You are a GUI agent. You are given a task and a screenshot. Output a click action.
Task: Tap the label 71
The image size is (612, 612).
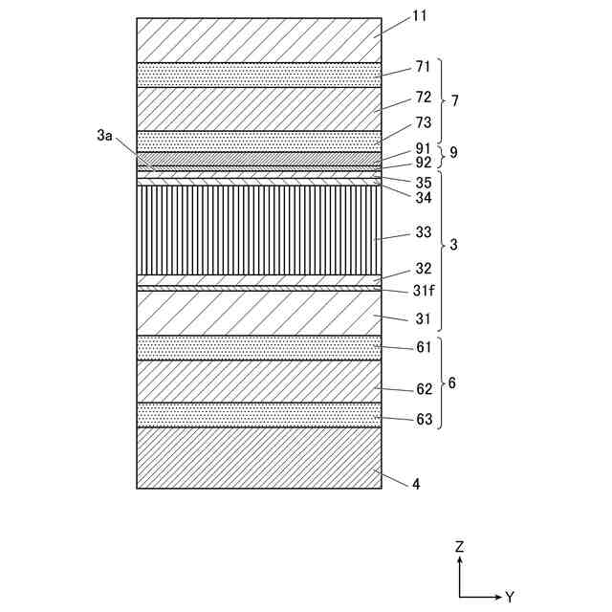tap(423, 68)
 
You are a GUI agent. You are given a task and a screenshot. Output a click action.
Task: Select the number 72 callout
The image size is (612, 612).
tap(423, 97)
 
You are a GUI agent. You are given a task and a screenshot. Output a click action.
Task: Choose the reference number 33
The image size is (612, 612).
tap(423, 232)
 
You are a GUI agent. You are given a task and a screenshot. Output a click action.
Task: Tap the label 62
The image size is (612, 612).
tap(423, 389)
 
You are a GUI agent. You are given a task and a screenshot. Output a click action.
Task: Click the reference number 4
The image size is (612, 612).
tap(416, 484)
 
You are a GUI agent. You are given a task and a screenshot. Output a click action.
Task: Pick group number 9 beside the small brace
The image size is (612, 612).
tap(453, 152)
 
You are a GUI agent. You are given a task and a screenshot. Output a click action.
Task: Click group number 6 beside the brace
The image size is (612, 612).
tap(451, 382)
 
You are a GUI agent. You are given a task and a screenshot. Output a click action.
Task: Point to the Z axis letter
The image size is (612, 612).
tap(460, 547)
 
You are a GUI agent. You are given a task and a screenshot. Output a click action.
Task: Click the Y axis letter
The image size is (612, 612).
tap(510, 597)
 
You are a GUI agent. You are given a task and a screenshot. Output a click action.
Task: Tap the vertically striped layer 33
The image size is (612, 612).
tap(258, 229)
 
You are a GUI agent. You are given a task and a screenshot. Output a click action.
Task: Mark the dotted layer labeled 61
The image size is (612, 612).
tap(258, 347)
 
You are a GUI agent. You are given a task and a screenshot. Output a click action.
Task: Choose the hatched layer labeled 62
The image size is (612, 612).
tap(258, 381)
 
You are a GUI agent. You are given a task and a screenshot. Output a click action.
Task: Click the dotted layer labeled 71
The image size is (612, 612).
tap(258, 75)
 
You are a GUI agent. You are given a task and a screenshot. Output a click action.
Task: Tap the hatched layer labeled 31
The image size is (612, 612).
tap(258, 313)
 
